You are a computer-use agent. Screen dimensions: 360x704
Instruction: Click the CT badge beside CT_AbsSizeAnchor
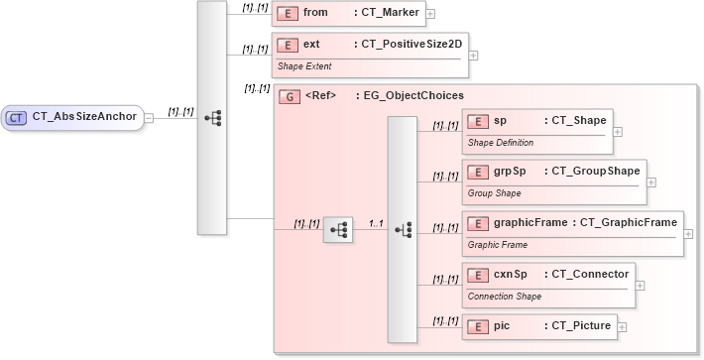(17, 117)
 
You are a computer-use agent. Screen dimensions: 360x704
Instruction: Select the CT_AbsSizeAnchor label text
(84, 117)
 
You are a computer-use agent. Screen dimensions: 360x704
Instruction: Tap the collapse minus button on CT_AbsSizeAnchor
(148, 117)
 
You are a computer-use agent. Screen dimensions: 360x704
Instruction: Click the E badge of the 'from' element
(287, 13)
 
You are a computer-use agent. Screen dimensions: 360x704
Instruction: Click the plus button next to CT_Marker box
(430, 14)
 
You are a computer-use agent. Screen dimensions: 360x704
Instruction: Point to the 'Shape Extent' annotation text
(304, 66)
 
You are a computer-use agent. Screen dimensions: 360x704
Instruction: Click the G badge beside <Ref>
(288, 96)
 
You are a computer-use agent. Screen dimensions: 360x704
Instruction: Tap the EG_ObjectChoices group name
(413, 96)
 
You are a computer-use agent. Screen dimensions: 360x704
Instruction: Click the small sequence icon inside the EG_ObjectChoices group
(338, 229)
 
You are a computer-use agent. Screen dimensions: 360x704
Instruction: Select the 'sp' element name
(500, 121)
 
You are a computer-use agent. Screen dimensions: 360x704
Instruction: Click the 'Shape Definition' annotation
(500, 143)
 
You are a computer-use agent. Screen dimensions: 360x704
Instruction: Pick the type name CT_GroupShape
(595, 171)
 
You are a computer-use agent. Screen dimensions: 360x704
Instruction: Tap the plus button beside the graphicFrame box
(688, 234)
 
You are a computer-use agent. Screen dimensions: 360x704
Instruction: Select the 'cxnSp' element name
(510, 273)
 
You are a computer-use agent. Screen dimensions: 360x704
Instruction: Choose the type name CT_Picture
(577, 324)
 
